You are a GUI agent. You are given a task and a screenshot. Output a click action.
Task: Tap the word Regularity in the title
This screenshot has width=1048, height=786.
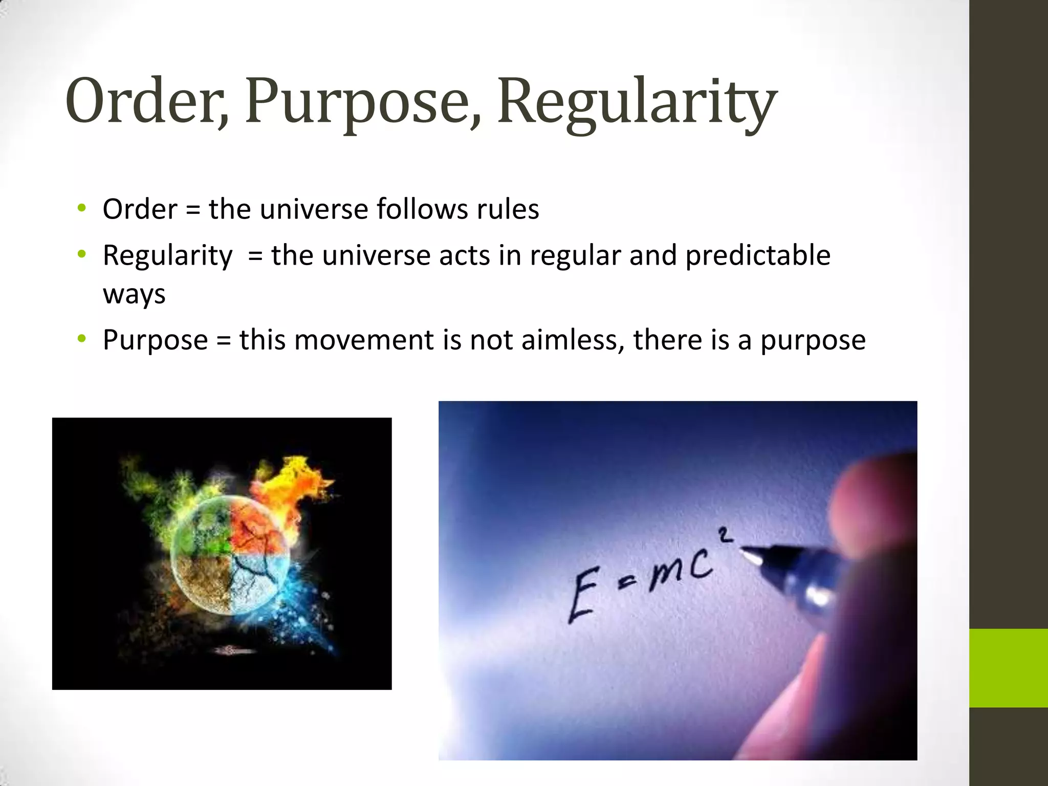pyautogui.click(x=637, y=102)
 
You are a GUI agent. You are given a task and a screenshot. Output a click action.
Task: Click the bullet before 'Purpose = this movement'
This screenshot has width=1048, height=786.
pyautogui.click(x=81, y=339)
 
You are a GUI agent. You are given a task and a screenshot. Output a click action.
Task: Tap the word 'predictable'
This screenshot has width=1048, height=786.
pyautogui.click(x=757, y=255)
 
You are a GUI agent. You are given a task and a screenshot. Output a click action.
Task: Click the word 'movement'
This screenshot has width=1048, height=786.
pyautogui.click(x=364, y=340)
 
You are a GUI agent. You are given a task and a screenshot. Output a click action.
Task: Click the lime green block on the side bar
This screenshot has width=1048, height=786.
pyautogui.click(x=1008, y=668)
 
